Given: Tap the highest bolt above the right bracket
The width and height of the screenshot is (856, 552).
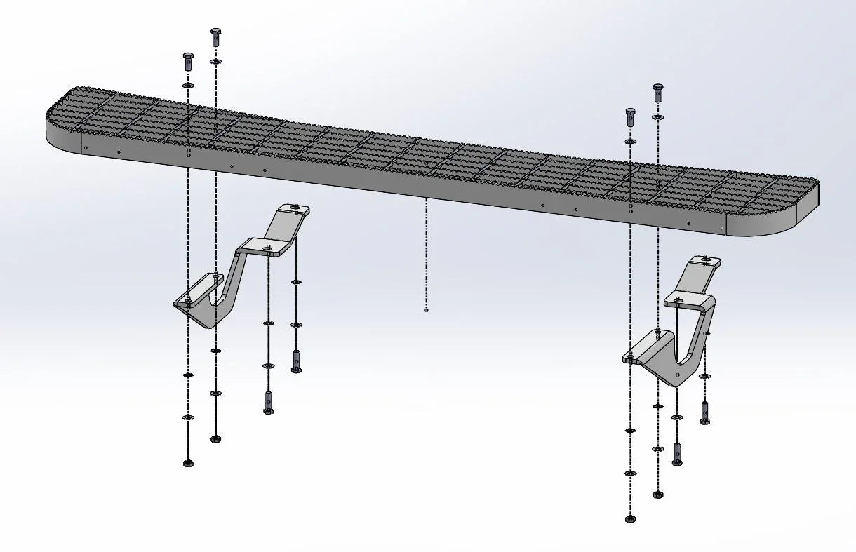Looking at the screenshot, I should [x=657, y=92].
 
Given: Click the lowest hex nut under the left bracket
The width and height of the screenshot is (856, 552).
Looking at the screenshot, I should [x=188, y=463].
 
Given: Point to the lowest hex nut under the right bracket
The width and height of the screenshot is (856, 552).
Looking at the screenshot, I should [x=629, y=518].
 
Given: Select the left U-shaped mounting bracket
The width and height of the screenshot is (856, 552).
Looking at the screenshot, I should [x=232, y=281].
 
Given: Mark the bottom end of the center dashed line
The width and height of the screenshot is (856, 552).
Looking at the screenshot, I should [x=427, y=309].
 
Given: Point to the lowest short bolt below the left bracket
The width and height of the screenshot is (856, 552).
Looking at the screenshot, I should [x=268, y=404].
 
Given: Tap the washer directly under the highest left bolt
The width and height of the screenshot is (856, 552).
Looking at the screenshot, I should [x=215, y=62].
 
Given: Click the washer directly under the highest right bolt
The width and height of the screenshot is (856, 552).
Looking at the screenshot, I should [x=657, y=117].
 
